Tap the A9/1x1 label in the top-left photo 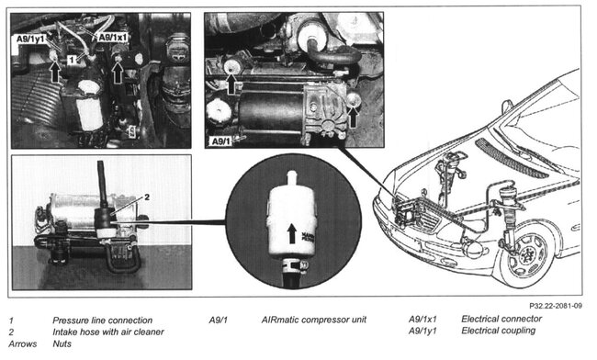(x=113, y=37)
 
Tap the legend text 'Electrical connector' (x=501, y=320)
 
